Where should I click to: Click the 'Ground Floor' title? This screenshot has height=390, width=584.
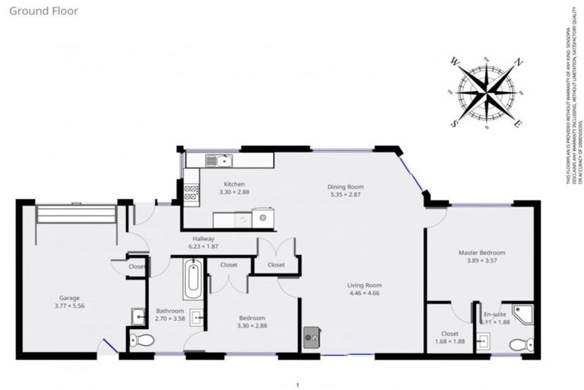[x=44, y=11]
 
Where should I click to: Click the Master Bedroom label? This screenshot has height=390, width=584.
[x=481, y=252]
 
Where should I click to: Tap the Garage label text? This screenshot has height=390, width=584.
[x=70, y=297]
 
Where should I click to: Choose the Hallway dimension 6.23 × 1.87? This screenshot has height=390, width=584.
[x=203, y=247]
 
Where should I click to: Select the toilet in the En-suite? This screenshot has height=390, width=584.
[x=519, y=344]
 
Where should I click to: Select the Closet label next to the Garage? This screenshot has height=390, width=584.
[x=137, y=267]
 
